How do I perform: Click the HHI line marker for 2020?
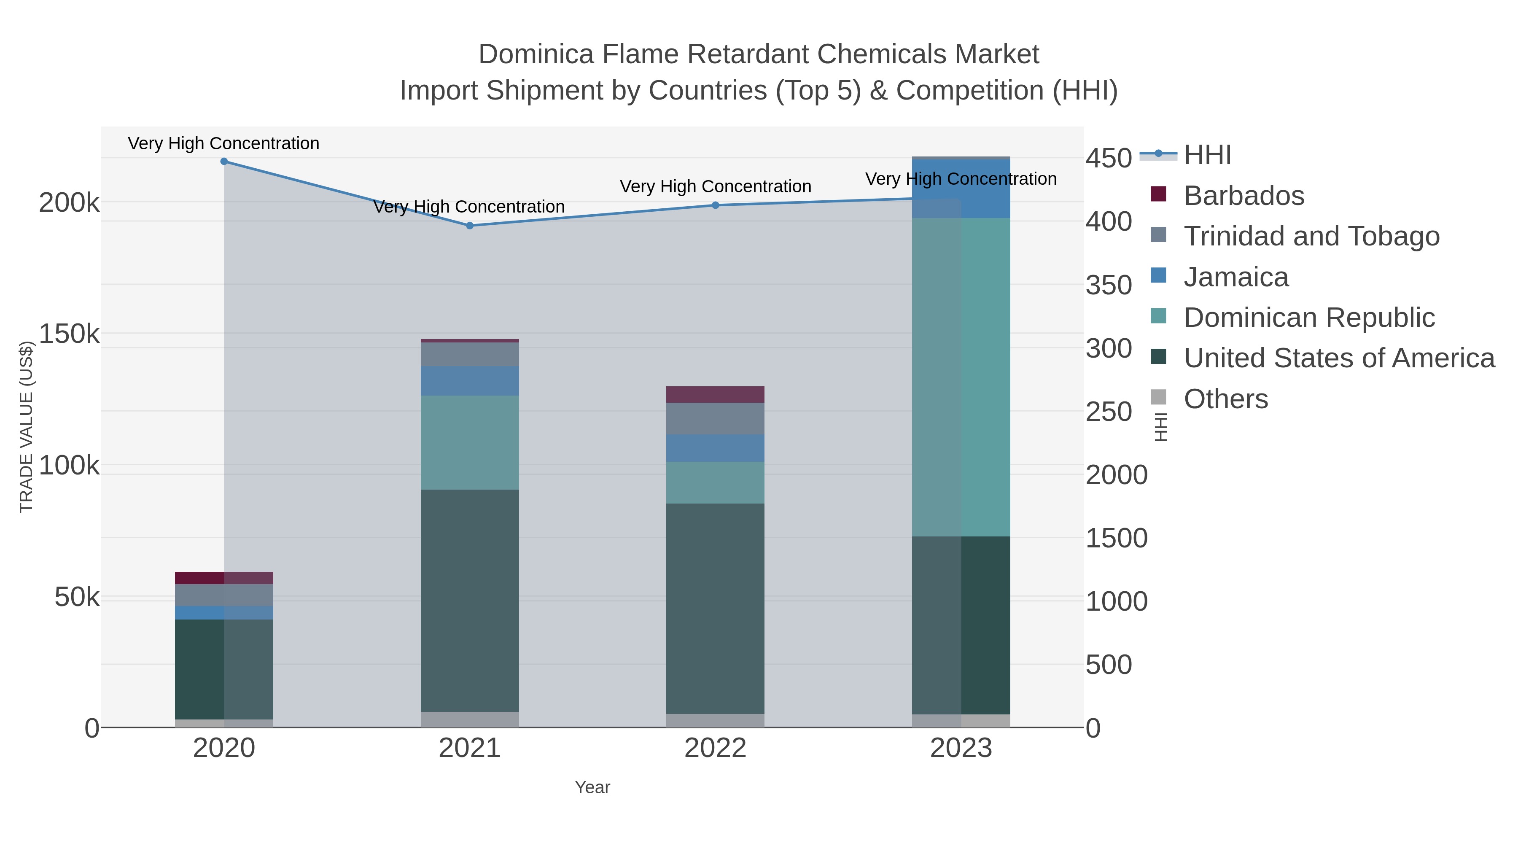point(224,162)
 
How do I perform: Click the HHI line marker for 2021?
point(470,226)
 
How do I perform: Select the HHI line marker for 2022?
point(716,205)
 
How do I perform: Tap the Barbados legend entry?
point(1243,196)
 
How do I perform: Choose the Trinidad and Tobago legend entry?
point(1311,236)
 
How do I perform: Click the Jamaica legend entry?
point(1236,277)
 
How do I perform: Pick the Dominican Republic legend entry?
point(1309,318)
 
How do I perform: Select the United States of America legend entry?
point(1339,358)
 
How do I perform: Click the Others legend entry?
point(1226,399)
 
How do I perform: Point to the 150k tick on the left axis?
point(70,334)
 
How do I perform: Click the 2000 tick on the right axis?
point(1117,475)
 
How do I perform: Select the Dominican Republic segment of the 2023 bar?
point(961,377)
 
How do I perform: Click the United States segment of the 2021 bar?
point(470,600)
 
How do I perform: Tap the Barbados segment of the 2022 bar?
point(716,394)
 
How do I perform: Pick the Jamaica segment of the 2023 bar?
point(961,189)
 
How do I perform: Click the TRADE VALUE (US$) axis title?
point(27,427)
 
